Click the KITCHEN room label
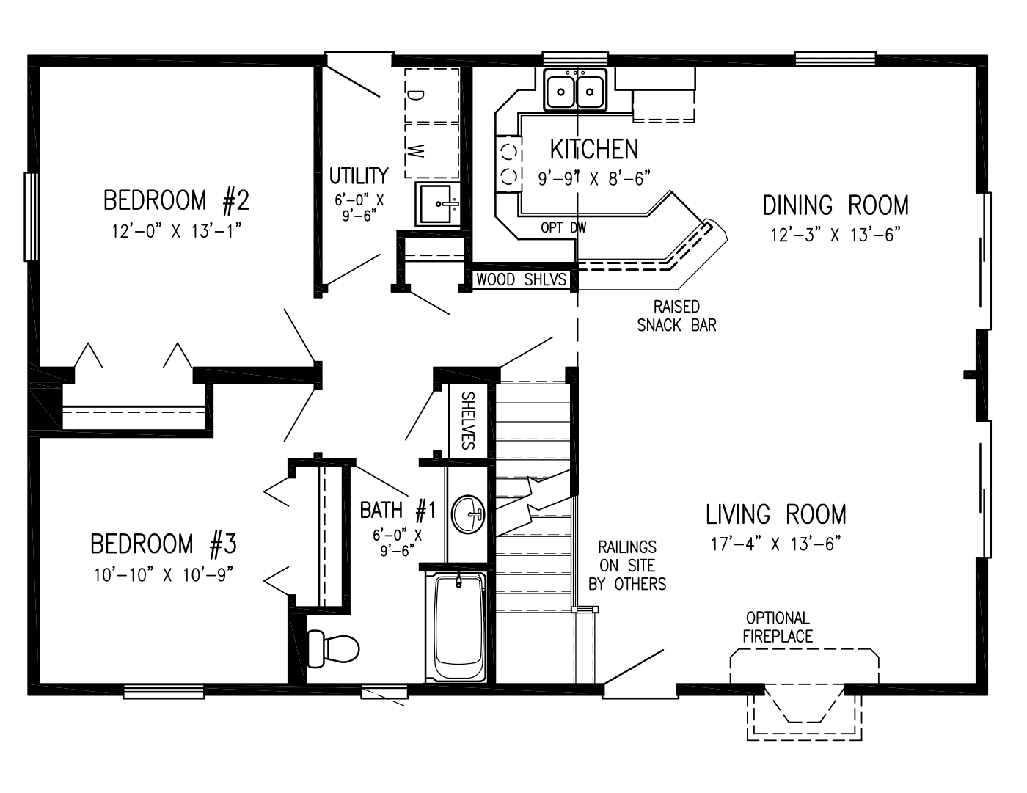pos(594,149)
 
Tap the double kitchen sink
pos(576,92)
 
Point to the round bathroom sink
pos(468,514)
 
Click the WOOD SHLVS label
pos(521,279)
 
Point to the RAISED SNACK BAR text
pos(676,315)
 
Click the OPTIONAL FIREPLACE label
pos(778,627)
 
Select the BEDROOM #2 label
pos(177,200)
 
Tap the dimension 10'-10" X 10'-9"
pos(163,575)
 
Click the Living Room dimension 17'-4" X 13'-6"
pos(776,544)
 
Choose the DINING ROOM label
pos(836,205)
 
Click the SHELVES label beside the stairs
pos(468,420)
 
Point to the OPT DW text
pos(563,228)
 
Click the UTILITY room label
pos(358,176)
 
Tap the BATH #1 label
pos(398,509)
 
